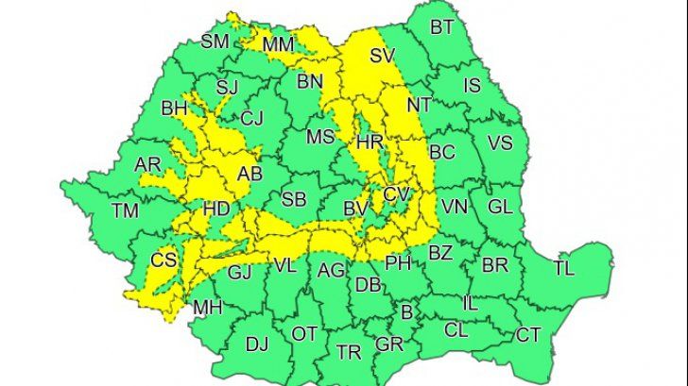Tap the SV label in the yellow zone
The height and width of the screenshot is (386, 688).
382,56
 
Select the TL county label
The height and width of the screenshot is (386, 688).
563,269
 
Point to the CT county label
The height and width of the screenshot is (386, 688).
528,334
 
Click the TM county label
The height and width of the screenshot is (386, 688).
125,210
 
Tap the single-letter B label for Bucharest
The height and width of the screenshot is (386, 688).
407,310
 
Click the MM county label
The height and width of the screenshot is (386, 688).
279,44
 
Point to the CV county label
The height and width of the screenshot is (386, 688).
396,193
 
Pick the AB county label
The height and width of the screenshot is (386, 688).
249,174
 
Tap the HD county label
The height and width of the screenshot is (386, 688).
216,209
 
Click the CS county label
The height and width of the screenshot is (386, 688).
164,260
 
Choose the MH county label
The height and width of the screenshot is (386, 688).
207,307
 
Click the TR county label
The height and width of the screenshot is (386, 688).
349,352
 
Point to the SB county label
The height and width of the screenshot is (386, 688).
294,198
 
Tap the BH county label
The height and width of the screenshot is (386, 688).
175,109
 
